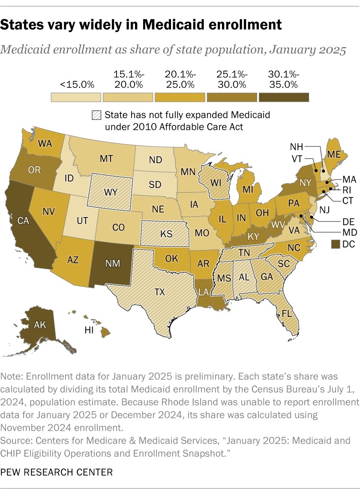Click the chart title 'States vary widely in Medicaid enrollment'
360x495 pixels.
[141, 24]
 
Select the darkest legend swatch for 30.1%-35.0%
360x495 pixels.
[284, 97]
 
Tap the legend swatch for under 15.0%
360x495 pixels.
[76, 97]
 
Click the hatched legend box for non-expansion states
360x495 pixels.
[96, 115]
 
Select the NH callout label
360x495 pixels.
[296, 147]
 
